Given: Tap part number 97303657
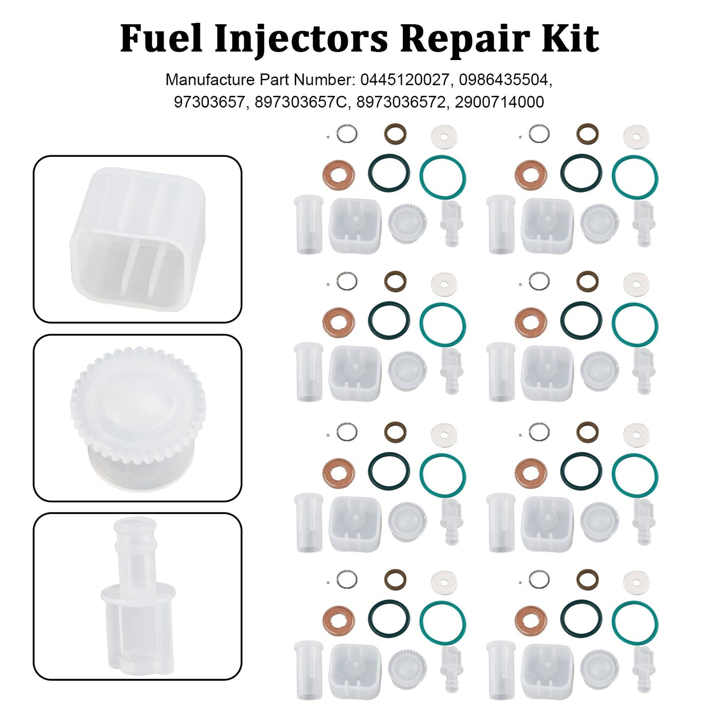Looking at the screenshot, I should (x=209, y=102).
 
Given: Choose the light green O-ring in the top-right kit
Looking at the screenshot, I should (x=635, y=177).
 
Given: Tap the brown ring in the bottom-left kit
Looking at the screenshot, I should (x=395, y=578).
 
